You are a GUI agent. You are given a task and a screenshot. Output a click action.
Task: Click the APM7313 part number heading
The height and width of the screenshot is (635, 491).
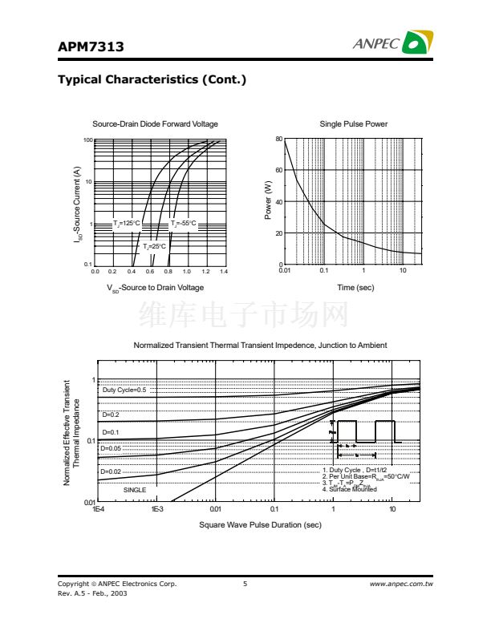91,47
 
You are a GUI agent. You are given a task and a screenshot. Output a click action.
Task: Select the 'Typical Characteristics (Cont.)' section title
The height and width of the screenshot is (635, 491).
152,80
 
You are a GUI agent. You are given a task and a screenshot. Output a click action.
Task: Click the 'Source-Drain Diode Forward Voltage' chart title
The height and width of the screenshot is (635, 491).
155,124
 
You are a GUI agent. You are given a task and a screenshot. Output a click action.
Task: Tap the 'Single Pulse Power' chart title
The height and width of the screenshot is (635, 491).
353,124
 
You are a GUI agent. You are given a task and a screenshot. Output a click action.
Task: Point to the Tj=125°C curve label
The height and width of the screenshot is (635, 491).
127,224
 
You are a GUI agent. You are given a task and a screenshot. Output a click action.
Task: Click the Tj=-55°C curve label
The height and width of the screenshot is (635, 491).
183,224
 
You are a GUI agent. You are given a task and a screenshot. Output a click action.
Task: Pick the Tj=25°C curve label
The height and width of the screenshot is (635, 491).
154,246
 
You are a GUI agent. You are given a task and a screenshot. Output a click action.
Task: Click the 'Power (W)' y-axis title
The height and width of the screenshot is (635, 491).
268,201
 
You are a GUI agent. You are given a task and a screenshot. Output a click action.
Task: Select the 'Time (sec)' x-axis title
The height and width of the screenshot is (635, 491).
355,288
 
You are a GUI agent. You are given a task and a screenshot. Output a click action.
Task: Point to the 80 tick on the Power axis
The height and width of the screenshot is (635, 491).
278,140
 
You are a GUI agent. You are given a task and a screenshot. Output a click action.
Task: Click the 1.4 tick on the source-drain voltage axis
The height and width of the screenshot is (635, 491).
223,272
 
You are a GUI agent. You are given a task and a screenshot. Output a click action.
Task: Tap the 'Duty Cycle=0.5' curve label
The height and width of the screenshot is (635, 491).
124,390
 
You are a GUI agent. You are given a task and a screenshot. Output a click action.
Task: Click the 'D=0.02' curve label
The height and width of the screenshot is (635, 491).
111,472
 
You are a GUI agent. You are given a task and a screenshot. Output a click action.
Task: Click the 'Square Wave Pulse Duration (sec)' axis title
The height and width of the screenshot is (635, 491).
260,525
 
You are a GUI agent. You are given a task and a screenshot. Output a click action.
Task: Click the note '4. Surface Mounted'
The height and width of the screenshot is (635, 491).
349,489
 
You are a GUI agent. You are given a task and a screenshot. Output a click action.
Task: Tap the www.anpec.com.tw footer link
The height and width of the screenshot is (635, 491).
401,584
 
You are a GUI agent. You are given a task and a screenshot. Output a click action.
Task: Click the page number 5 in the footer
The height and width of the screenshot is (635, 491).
245,584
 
